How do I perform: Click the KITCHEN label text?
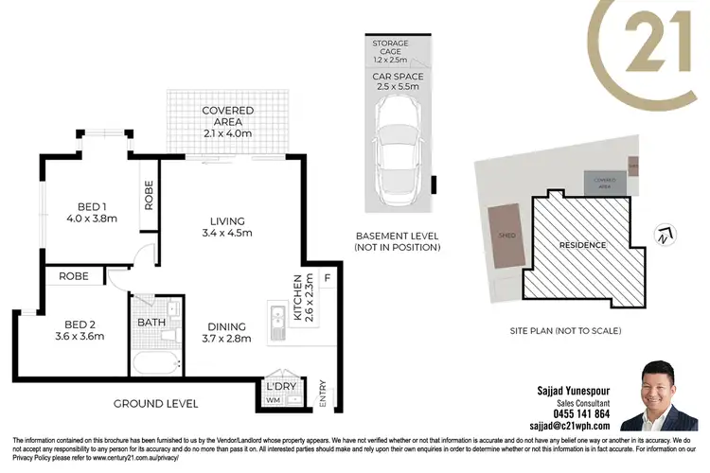(296, 299)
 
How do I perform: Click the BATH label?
(151, 322)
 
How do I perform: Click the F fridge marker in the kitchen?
(327, 278)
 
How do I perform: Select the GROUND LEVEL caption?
(155, 404)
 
